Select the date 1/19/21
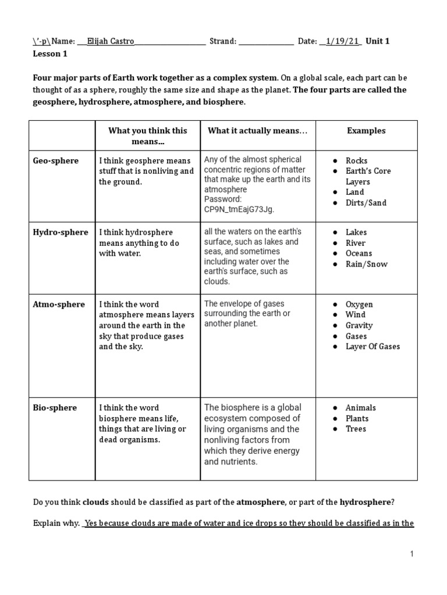pyautogui.click(x=340, y=41)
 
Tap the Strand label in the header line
pyautogui.click(x=222, y=41)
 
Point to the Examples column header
pyautogui.click(x=366, y=131)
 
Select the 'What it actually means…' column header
pyautogui.click(x=257, y=131)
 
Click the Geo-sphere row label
pyautogui.click(x=55, y=160)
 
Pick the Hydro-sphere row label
pyautogui.click(x=60, y=232)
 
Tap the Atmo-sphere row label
pyautogui.click(x=58, y=304)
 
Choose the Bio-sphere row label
pyautogui.click(x=55, y=408)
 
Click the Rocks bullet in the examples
pyautogui.click(x=356, y=161)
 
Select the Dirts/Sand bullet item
pyautogui.click(x=366, y=203)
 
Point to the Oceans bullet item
pyautogui.click(x=359, y=253)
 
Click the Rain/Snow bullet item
pyautogui.click(x=366, y=264)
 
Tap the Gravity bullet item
pyautogui.click(x=359, y=325)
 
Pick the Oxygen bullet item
pyautogui.click(x=359, y=304)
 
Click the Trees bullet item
pyautogui.click(x=356, y=429)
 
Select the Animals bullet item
pyautogui.click(x=360, y=408)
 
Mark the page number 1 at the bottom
pyautogui.click(x=411, y=554)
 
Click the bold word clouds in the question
pyautogui.click(x=95, y=502)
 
